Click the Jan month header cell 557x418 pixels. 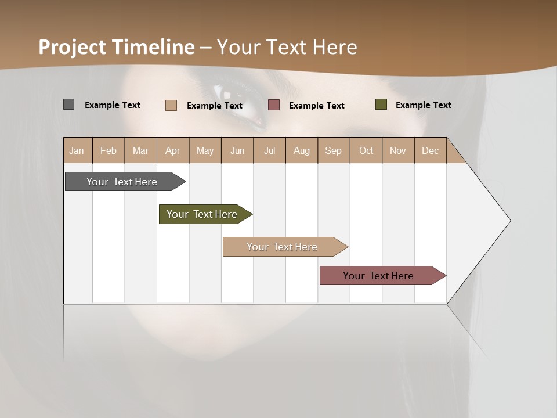pyautogui.click(x=77, y=150)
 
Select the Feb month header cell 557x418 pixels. pyautogui.click(x=108, y=150)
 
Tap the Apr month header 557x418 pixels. pyautogui.click(x=173, y=150)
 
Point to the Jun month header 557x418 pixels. pyautogui.click(x=237, y=150)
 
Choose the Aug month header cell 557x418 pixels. pyautogui.click(x=302, y=150)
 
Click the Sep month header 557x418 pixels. pyautogui.click(x=334, y=150)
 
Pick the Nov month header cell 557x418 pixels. pyautogui.click(x=398, y=150)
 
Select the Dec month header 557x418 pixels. pyautogui.click(x=430, y=150)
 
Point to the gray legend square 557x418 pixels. pyautogui.click(x=68, y=105)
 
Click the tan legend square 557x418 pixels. pyautogui.click(x=171, y=105)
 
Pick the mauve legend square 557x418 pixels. pyautogui.click(x=274, y=105)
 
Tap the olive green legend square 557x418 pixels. pyautogui.click(x=381, y=105)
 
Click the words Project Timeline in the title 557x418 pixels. pyautogui.click(x=116, y=47)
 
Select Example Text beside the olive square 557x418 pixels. pyautogui.click(x=423, y=105)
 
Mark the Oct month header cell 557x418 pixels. pyautogui.click(x=366, y=150)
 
